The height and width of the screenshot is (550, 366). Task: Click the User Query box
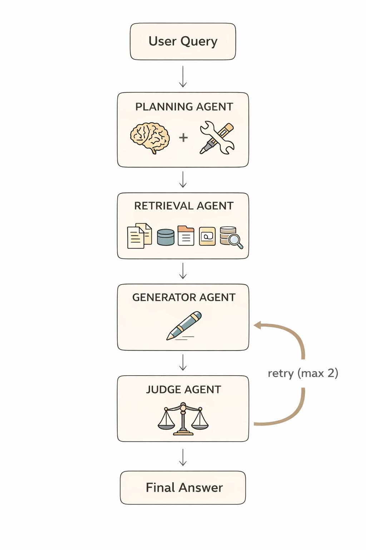click(183, 42)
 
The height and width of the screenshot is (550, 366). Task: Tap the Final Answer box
click(183, 487)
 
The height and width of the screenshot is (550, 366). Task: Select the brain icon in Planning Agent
click(150, 138)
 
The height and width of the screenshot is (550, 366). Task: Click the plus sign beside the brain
click(183, 137)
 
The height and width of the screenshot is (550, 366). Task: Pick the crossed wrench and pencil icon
click(217, 138)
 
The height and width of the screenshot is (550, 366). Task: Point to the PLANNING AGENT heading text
click(184, 107)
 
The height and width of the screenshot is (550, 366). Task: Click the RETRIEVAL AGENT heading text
click(184, 206)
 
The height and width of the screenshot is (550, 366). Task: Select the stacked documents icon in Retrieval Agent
click(139, 236)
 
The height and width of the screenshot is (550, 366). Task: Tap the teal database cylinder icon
click(165, 237)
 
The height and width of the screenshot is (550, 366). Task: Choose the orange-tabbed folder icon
click(186, 236)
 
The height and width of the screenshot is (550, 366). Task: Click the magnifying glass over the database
click(235, 240)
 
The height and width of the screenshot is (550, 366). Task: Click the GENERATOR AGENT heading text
click(184, 298)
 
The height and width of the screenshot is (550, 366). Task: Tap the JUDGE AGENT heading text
click(183, 390)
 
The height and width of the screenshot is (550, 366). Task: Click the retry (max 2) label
click(303, 373)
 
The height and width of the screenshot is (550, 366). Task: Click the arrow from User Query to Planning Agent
click(183, 76)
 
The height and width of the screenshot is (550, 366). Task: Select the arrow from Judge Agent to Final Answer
click(183, 457)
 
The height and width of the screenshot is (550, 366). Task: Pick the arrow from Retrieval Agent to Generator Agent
click(183, 271)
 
